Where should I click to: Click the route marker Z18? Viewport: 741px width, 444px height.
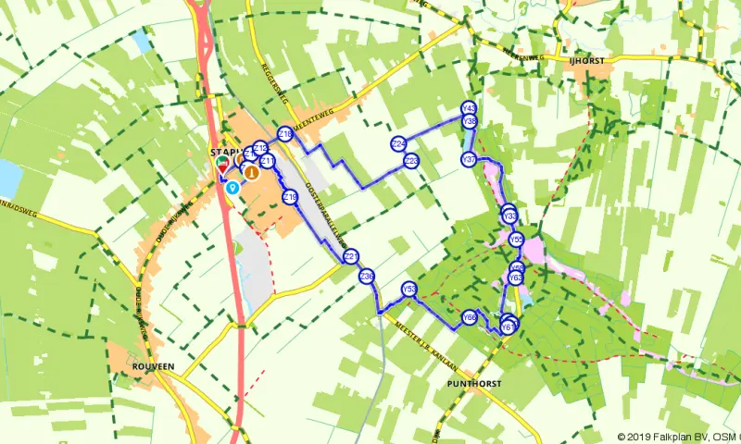285,134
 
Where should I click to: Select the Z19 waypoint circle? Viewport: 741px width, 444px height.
290,197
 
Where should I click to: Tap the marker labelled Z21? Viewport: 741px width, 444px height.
350,256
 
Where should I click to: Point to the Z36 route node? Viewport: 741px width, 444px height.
367,276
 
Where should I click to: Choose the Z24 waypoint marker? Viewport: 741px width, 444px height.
399,143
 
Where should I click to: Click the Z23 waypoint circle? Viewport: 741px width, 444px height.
411,161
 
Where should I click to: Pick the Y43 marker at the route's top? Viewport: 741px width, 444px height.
469,108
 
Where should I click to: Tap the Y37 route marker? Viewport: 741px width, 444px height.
469,160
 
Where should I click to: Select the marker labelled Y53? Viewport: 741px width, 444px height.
409,290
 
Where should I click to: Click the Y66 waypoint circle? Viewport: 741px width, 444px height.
470,316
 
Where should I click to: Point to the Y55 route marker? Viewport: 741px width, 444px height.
517,240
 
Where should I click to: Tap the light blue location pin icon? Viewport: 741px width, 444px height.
232,186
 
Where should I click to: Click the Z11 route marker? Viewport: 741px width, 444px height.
268,163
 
